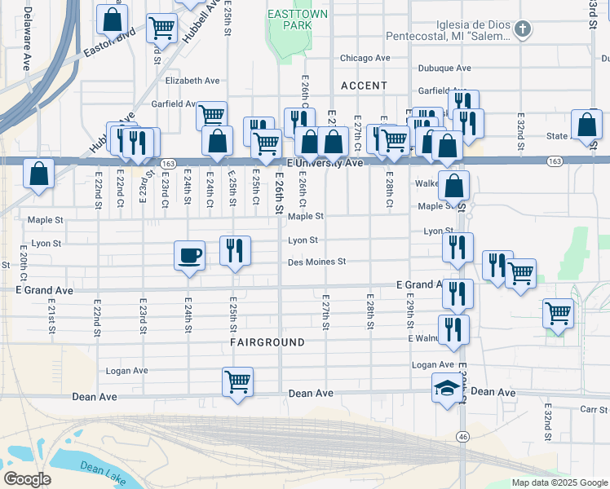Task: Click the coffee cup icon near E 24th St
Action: click(189, 256)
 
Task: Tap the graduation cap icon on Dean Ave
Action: click(447, 390)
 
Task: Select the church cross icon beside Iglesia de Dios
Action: click(523, 30)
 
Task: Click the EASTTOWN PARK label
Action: click(291, 20)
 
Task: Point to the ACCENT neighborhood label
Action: click(364, 86)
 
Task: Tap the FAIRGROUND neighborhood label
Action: click(267, 343)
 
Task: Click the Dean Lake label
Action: click(103, 469)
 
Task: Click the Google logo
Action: click(27, 479)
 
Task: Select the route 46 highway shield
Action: click(462, 438)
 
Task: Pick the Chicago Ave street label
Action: click(365, 59)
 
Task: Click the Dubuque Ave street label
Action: click(444, 68)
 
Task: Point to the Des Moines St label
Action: click(317, 262)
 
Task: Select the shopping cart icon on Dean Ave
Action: click(237, 381)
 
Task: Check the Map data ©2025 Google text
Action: click(559, 482)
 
